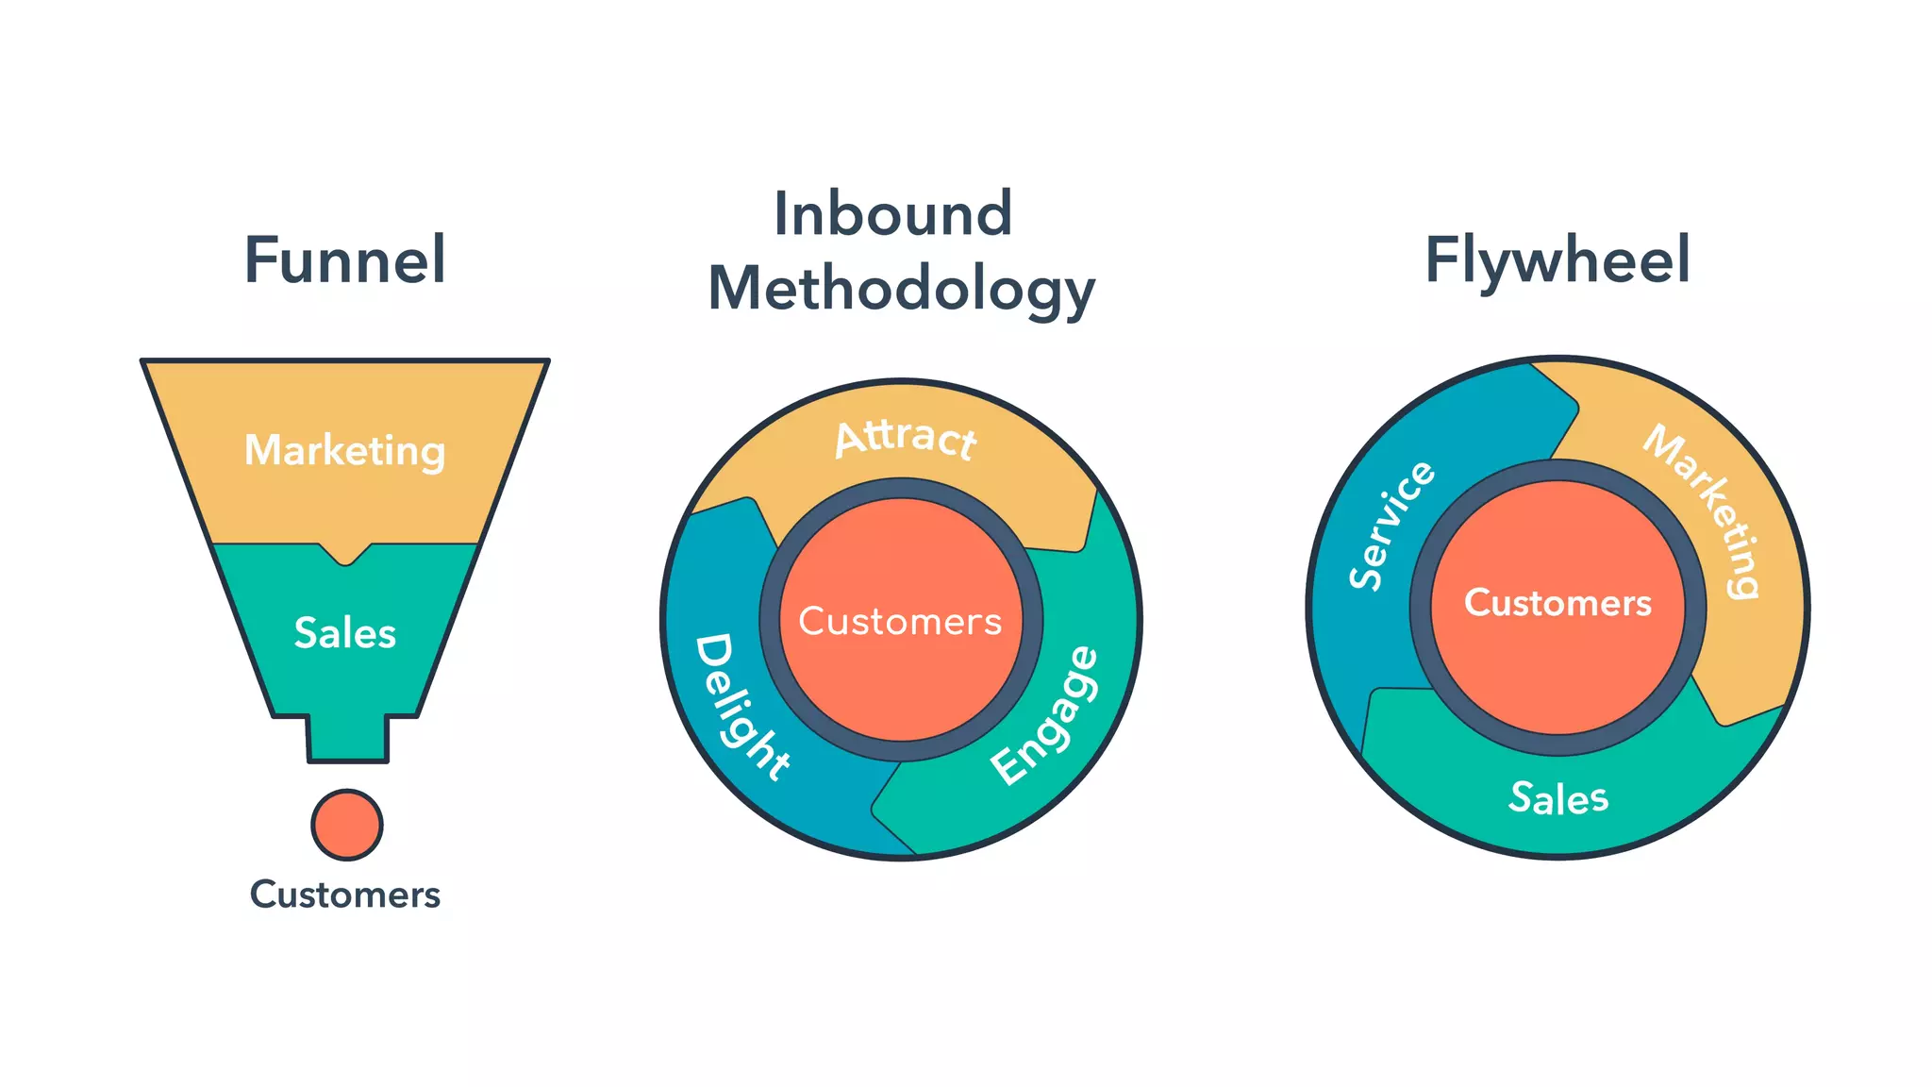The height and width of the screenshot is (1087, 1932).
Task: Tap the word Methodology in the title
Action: click(901, 289)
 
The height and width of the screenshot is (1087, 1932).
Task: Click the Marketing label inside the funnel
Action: click(344, 450)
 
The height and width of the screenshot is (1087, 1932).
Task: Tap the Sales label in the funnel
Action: click(344, 632)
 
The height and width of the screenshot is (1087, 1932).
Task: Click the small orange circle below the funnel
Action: click(346, 825)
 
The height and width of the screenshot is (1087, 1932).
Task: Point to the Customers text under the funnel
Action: click(344, 894)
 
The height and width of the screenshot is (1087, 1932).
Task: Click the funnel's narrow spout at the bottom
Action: click(347, 739)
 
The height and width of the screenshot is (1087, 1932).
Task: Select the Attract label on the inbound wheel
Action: click(906, 438)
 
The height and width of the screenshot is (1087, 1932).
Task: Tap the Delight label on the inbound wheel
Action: click(741, 708)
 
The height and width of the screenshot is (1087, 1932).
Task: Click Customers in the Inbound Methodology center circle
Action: click(900, 621)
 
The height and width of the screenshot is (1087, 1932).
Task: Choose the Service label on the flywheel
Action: click(1391, 526)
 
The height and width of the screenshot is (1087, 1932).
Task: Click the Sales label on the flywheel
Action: click(1558, 798)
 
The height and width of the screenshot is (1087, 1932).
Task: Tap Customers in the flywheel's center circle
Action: click(1557, 602)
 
